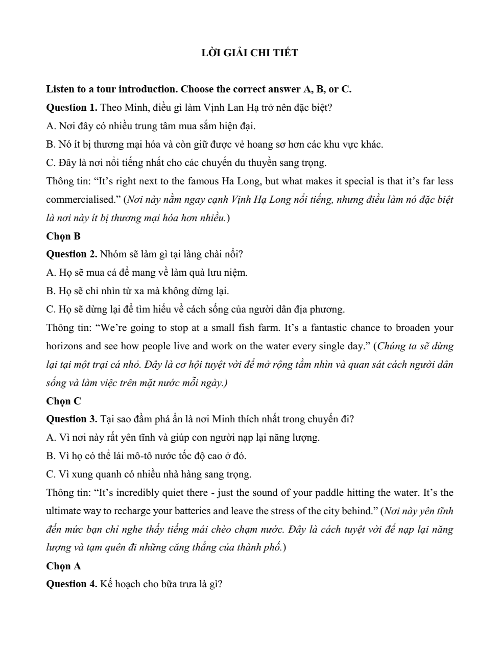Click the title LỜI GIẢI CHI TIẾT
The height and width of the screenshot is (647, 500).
250,53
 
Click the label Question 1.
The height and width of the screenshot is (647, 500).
72,108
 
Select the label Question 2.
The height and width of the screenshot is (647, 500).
72,254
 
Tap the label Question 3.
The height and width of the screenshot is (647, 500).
72,419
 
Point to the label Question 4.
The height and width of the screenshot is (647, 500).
72,584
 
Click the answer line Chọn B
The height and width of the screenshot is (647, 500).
63,236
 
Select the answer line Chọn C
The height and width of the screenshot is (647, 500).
63,401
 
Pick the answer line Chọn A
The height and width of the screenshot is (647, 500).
63,566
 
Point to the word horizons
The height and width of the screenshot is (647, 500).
65,346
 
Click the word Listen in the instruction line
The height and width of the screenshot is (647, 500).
60,89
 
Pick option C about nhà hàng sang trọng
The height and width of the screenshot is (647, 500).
149,474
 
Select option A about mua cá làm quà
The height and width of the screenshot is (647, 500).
147,273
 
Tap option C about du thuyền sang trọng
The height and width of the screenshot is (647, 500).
186,163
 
